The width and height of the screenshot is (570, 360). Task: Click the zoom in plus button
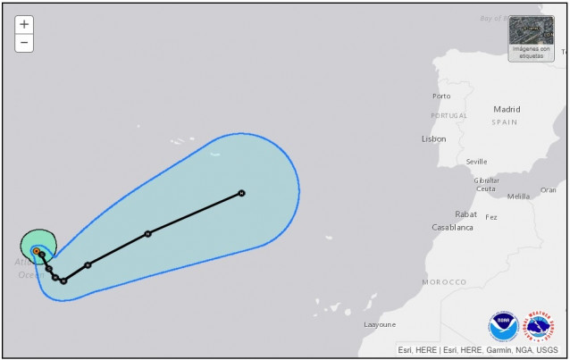click(x=24, y=24)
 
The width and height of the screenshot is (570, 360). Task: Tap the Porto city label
click(x=441, y=96)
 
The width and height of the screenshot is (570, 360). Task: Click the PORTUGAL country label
click(x=448, y=115)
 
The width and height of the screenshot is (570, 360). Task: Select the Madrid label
click(x=507, y=109)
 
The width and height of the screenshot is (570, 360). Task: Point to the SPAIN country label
click(x=505, y=121)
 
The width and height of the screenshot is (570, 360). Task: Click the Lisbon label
click(x=433, y=138)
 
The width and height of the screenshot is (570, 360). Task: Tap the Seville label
click(x=476, y=162)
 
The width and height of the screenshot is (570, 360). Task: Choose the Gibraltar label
click(x=486, y=180)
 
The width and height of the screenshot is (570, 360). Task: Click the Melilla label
click(x=518, y=197)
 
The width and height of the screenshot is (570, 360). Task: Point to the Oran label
click(x=548, y=189)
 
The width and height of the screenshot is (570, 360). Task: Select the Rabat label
click(x=465, y=213)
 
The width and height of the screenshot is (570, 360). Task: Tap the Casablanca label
click(x=452, y=227)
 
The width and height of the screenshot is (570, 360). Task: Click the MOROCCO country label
click(x=444, y=282)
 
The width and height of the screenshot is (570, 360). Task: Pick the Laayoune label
click(x=380, y=324)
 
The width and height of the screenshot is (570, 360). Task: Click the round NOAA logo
click(x=502, y=326)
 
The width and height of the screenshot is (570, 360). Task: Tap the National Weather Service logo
click(x=539, y=326)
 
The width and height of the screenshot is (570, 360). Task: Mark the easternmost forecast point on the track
click(x=241, y=193)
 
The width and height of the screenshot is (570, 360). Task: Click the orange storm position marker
click(x=36, y=251)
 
